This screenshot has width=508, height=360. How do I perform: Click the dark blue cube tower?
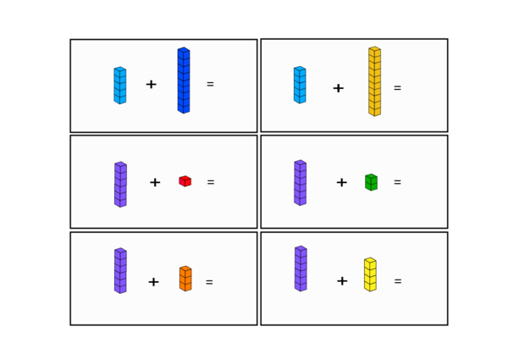pyautogui.click(x=184, y=80)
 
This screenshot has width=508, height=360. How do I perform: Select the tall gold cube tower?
pyautogui.click(x=374, y=81)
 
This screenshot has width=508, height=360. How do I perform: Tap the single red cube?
pyautogui.click(x=185, y=181)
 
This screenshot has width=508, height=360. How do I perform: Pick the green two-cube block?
pyautogui.click(x=372, y=182)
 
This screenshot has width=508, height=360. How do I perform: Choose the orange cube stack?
pyautogui.click(x=185, y=279)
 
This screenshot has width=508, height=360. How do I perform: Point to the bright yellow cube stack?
pyautogui.click(x=370, y=274)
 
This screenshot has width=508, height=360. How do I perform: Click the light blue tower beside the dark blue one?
pyautogui.click(x=120, y=86)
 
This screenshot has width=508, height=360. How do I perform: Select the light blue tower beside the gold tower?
pyautogui.click(x=300, y=85)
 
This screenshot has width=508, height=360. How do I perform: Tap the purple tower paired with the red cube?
pyautogui.click(x=120, y=185)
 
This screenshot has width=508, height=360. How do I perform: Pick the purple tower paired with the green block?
pyautogui.click(x=301, y=183)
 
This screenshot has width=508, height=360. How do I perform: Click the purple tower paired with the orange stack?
pyautogui.click(x=120, y=271)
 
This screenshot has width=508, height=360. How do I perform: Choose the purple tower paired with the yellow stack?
pyautogui.click(x=301, y=269)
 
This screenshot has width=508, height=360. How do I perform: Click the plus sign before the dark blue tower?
pyautogui.click(x=152, y=85)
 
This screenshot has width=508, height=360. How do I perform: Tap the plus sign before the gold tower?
pyautogui.click(x=338, y=88)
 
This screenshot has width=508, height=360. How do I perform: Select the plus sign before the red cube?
pyautogui.click(x=155, y=182)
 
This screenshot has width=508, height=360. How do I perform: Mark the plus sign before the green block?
pyautogui.click(x=342, y=182)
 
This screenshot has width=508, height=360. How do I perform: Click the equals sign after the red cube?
pyautogui.click(x=211, y=182)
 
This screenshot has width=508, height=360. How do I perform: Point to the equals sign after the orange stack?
pyautogui.click(x=209, y=282)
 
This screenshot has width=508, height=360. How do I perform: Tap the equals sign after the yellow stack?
pyautogui.click(x=398, y=281)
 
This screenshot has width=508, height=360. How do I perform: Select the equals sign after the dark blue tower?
pyautogui.click(x=210, y=84)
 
